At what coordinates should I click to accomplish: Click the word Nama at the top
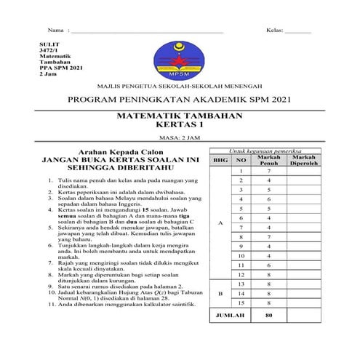(55, 32)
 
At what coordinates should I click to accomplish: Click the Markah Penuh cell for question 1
(269, 171)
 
